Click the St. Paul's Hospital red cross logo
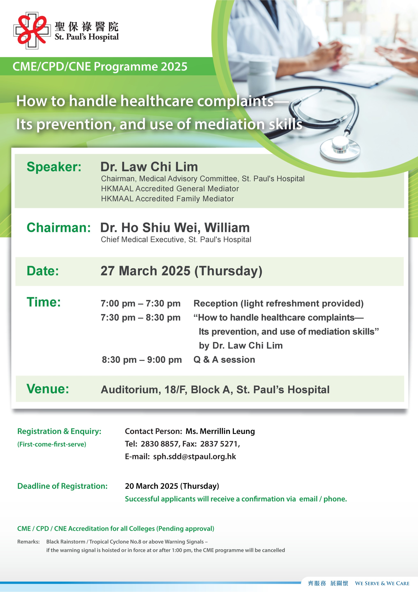32,30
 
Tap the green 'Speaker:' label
54,167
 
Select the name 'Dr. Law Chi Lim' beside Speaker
149,167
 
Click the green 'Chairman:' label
59,228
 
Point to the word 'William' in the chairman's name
227,228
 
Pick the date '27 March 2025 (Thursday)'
181,271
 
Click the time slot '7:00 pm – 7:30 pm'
140,303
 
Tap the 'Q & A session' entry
224,360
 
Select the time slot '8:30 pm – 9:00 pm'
142,360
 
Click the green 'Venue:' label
48,389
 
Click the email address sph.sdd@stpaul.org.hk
195,457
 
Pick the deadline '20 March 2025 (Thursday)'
172,486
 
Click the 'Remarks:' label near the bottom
28,542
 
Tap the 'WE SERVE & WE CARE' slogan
382,583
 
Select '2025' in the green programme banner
174,67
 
